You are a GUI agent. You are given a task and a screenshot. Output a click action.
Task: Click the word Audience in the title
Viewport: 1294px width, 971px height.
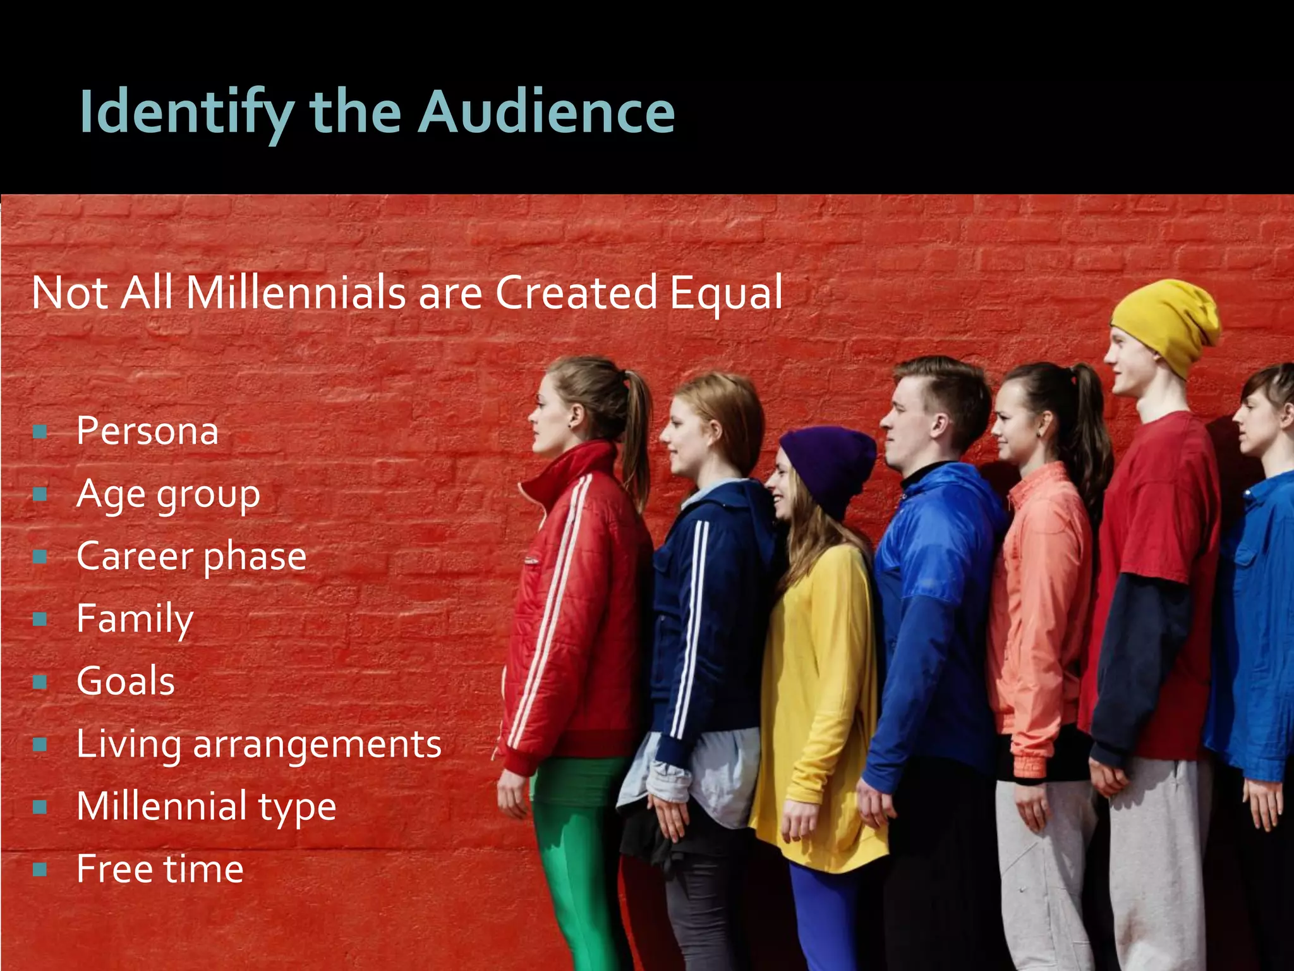547,113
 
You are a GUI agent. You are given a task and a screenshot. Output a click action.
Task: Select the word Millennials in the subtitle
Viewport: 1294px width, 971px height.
296,293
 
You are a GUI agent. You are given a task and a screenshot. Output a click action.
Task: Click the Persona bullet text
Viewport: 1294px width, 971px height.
147,431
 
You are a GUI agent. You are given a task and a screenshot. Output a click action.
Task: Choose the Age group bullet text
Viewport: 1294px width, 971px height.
168,494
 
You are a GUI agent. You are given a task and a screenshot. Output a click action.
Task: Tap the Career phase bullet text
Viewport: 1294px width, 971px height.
191,556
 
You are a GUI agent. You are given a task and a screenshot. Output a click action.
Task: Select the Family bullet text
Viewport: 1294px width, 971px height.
135,618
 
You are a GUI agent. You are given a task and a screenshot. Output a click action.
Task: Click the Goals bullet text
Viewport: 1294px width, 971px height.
126,681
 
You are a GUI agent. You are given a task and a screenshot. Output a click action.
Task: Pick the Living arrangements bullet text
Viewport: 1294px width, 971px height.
258,744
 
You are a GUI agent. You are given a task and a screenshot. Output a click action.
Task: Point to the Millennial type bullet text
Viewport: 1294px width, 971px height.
206,807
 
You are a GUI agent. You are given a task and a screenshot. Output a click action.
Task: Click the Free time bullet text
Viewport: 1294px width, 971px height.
160,869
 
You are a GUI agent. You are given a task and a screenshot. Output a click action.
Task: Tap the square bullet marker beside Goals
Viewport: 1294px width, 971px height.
40,682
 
